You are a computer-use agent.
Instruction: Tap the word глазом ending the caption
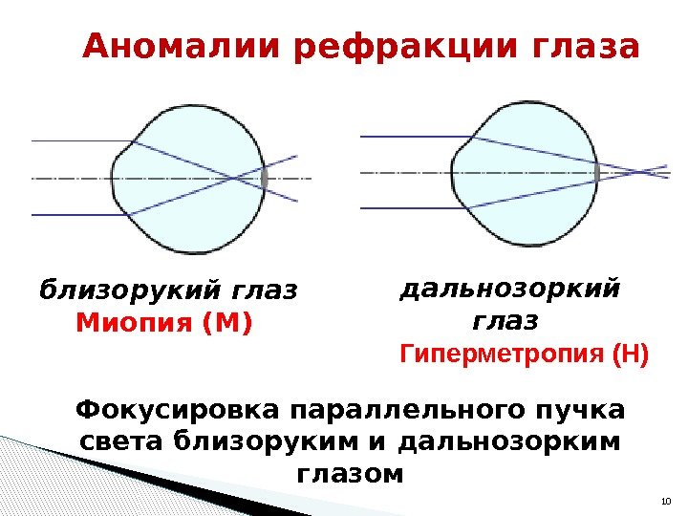tap(351, 474)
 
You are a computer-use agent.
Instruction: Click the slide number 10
tap(666, 502)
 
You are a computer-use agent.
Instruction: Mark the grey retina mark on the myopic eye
tap(264, 178)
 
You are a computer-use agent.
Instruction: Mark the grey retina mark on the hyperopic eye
tap(597, 172)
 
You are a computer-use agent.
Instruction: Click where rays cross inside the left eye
tap(235, 178)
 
